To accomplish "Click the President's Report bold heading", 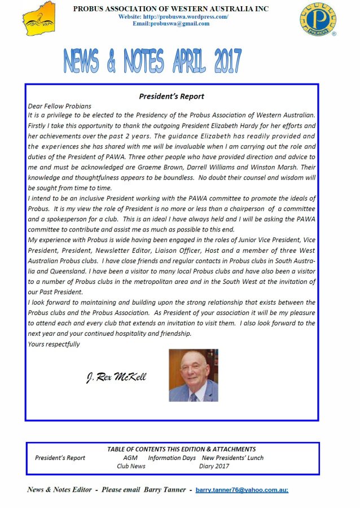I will click(x=172, y=97).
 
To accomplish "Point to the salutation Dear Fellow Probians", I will click(x=59, y=106).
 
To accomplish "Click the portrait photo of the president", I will click(x=194, y=375).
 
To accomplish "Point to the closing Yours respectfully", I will click(x=54, y=344).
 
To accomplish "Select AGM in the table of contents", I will click(x=130, y=458).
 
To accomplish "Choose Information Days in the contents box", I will click(x=172, y=458).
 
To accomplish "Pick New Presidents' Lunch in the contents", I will click(x=232, y=458).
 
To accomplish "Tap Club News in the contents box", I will click(x=131, y=466).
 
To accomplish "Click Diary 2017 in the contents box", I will click(x=214, y=466).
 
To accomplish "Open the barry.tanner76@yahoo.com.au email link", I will click(x=242, y=490).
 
